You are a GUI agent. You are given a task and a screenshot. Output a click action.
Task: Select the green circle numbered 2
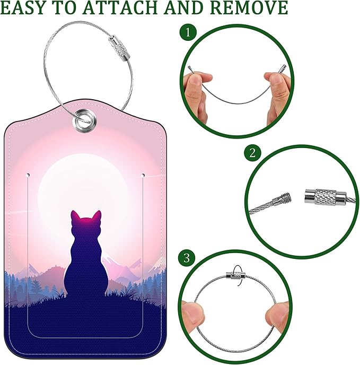click(252, 154)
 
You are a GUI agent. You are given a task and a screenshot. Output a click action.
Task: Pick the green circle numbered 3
click(186, 258)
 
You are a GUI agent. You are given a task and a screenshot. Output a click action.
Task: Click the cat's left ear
click(75, 217)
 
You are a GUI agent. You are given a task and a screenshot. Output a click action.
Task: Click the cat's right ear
click(97, 216)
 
